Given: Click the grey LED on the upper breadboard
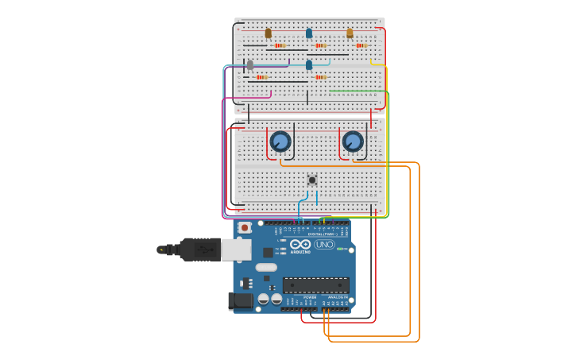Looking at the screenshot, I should (x=250, y=64).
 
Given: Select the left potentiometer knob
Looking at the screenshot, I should (x=280, y=141).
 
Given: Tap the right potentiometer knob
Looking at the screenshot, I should (x=353, y=141).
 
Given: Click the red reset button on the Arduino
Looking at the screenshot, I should (x=245, y=228).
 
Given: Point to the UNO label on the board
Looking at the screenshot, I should (x=324, y=245).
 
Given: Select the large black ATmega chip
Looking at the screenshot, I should (x=315, y=285).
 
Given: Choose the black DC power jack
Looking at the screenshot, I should (x=240, y=301).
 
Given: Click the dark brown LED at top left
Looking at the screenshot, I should (x=268, y=33).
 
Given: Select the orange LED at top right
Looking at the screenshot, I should (x=350, y=33).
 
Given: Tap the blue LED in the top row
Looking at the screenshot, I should (x=309, y=33).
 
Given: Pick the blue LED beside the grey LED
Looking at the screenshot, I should (x=309, y=64).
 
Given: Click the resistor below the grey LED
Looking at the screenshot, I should (x=261, y=77).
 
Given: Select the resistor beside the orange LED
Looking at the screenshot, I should (x=361, y=45).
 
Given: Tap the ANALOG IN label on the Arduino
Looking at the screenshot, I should (x=338, y=297).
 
